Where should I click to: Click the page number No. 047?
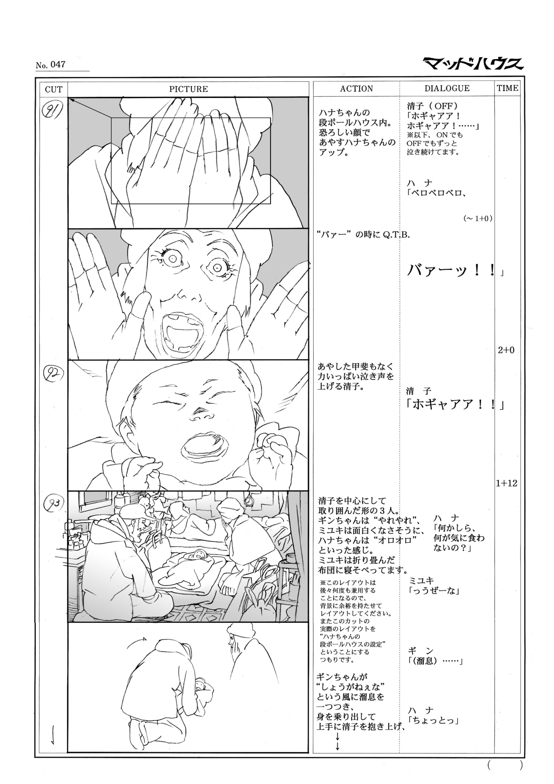click(50, 65)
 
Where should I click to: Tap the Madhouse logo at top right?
click(473, 64)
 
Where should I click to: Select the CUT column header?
click(53, 89)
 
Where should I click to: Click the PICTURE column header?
click(188, 89)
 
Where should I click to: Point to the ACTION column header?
click(356, 89)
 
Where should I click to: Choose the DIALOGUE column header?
click(447, 88)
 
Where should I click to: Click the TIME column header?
click(507, 88)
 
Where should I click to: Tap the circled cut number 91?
click(53, 110)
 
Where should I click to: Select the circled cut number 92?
click(53, 373)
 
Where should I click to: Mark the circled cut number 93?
click(53, 503)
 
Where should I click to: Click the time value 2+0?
click(506, 350)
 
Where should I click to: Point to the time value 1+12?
click(506, 483)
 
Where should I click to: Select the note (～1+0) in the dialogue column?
click(478, 218)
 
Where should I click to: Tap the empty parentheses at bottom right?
click(504, 766)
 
